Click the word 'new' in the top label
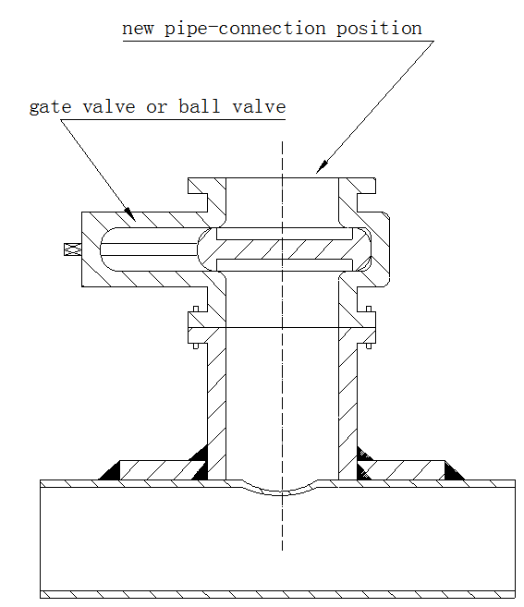click(x=138, y=30)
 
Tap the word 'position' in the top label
click(x=379, y=30)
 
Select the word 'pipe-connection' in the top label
click(x=245, y=30)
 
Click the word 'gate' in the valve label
click(x=50, y=107)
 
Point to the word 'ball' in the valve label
click(x=199, y=106)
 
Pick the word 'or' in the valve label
click(x=156, y=108)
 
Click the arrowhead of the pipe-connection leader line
click(x=323, y=167)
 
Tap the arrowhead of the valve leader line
click(x=130, y=214)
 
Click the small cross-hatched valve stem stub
click(x=72, y=249)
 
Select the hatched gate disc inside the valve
click(x=284, y=249)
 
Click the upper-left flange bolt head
click(x=196, y=309)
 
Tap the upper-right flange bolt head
click(x=369, y=309)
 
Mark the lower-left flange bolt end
click(x=196, y=346)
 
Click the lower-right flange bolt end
click(x=369, y=346)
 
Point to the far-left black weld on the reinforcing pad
click(x=110, y=471)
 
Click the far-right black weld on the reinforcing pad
click(x=454, y=471)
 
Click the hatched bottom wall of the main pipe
click(x=277, y=594)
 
